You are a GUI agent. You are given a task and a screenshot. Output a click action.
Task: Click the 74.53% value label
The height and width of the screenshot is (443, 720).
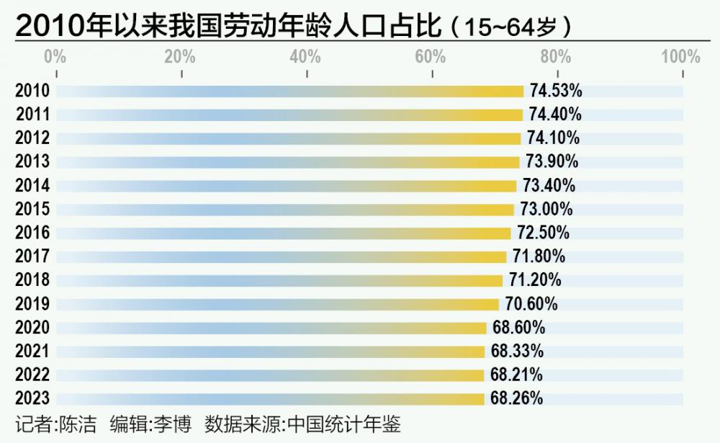pos(556,91)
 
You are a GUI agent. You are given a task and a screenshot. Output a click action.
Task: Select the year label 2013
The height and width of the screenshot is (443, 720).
pos(32,161)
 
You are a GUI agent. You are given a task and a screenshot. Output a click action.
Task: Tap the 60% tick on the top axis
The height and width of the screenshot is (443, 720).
pos(431,57)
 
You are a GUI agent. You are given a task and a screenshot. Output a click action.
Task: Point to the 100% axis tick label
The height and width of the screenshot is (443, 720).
pos(680,57)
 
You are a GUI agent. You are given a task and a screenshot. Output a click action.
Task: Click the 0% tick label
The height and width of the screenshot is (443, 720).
pos(55,57)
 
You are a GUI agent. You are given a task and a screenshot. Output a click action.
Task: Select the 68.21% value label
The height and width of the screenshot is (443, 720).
pos(516,375)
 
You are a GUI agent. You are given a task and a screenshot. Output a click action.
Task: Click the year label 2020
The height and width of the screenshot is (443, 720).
pos(32,328)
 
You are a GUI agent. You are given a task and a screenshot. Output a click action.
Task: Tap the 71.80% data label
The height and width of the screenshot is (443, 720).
pos(539,256)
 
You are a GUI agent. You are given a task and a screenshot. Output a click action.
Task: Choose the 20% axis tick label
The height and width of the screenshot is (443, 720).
pos(180,57)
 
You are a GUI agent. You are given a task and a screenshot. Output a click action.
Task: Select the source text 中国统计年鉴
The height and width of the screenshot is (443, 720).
pos(343,424)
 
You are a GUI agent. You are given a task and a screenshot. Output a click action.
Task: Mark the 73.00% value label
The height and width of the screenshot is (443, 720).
pos(546,209)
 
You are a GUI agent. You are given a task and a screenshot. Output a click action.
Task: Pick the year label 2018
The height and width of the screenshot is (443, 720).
pos(32,280)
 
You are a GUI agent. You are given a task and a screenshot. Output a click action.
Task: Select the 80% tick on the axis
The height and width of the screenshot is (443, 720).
pos(556,57)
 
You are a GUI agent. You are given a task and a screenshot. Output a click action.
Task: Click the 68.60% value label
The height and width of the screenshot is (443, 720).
pos(519,328)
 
